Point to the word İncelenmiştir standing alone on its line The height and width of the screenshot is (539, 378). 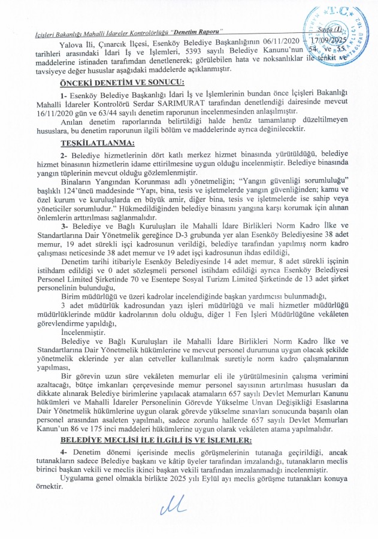point(83,331)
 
